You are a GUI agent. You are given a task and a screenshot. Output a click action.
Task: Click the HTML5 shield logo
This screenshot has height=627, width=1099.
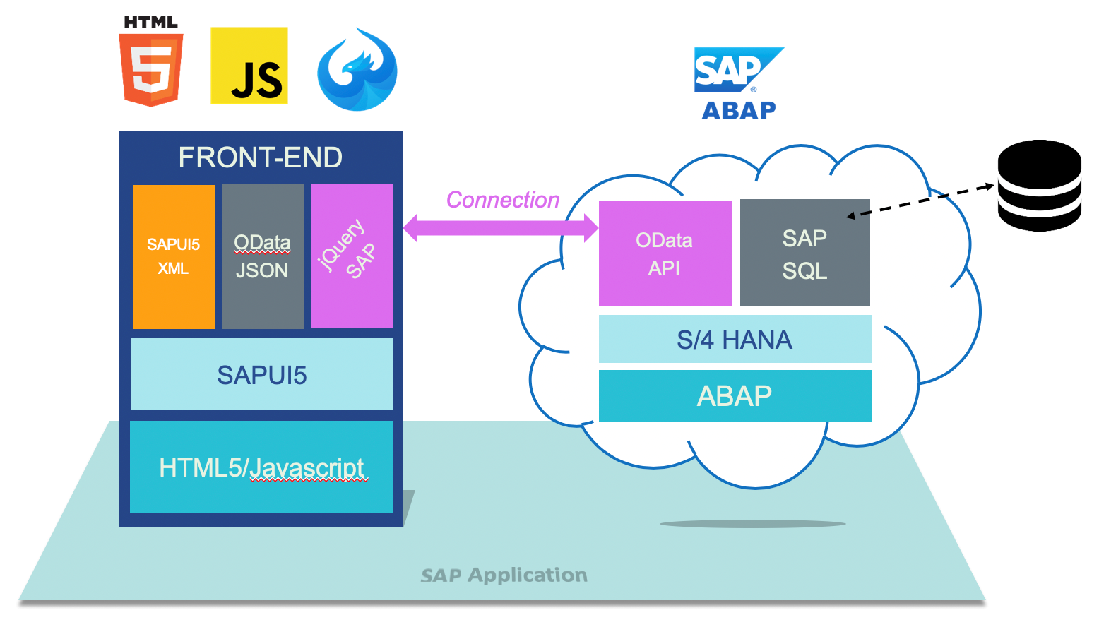[x=151, y=68]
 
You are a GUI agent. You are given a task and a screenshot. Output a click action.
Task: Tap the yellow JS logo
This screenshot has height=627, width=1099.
[x=249, y=66]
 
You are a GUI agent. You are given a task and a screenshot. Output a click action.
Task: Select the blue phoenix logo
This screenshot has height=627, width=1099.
[x=357, y=69]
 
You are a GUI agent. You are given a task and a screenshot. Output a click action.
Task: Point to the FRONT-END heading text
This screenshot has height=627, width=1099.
[x=260, y=157]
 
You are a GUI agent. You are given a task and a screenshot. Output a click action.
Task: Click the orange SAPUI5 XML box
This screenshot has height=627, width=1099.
[x=174, y=256]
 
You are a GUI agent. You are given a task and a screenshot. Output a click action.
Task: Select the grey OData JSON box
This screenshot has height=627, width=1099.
[x=262, y=256]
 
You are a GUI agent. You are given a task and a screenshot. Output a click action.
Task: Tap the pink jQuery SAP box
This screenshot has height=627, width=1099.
[x=351, y=256]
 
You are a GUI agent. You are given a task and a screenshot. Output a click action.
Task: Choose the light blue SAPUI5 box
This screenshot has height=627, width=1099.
[x=261, y=374]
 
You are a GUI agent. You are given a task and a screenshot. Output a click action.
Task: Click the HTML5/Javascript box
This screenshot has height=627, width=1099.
[x=261, y=467]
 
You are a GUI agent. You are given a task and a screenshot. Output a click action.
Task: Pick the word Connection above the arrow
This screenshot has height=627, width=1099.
[x=502, y=200]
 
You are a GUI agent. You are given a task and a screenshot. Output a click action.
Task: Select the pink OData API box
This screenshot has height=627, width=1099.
[x=665, y=253]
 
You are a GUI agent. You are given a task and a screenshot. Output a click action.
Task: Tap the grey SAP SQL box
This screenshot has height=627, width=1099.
[x=804, y=253]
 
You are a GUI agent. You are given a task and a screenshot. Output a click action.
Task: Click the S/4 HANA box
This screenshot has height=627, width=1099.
[x=735, y=340]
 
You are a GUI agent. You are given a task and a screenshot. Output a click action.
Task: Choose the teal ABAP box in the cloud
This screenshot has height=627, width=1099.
[x=735, y=396]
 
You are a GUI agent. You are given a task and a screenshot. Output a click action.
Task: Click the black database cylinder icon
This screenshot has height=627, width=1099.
[x=1039, y=186]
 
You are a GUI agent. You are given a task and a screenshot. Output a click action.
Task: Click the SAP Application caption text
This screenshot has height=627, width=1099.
[x=504, y=575]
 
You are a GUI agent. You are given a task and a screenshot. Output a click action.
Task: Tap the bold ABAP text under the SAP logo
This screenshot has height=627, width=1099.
[x=739, y=111]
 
